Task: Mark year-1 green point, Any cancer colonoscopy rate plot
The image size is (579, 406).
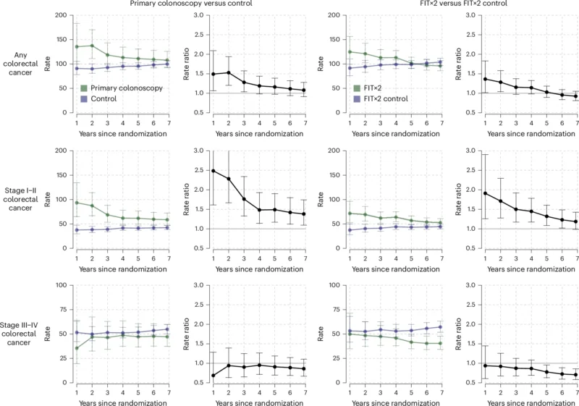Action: tap(77, 47)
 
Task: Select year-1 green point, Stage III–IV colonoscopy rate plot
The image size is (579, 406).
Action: tap(77, 348)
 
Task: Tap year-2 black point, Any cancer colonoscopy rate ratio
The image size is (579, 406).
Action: tap(228, 72)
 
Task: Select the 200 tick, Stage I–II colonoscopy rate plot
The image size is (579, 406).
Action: tap(62, 151)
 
